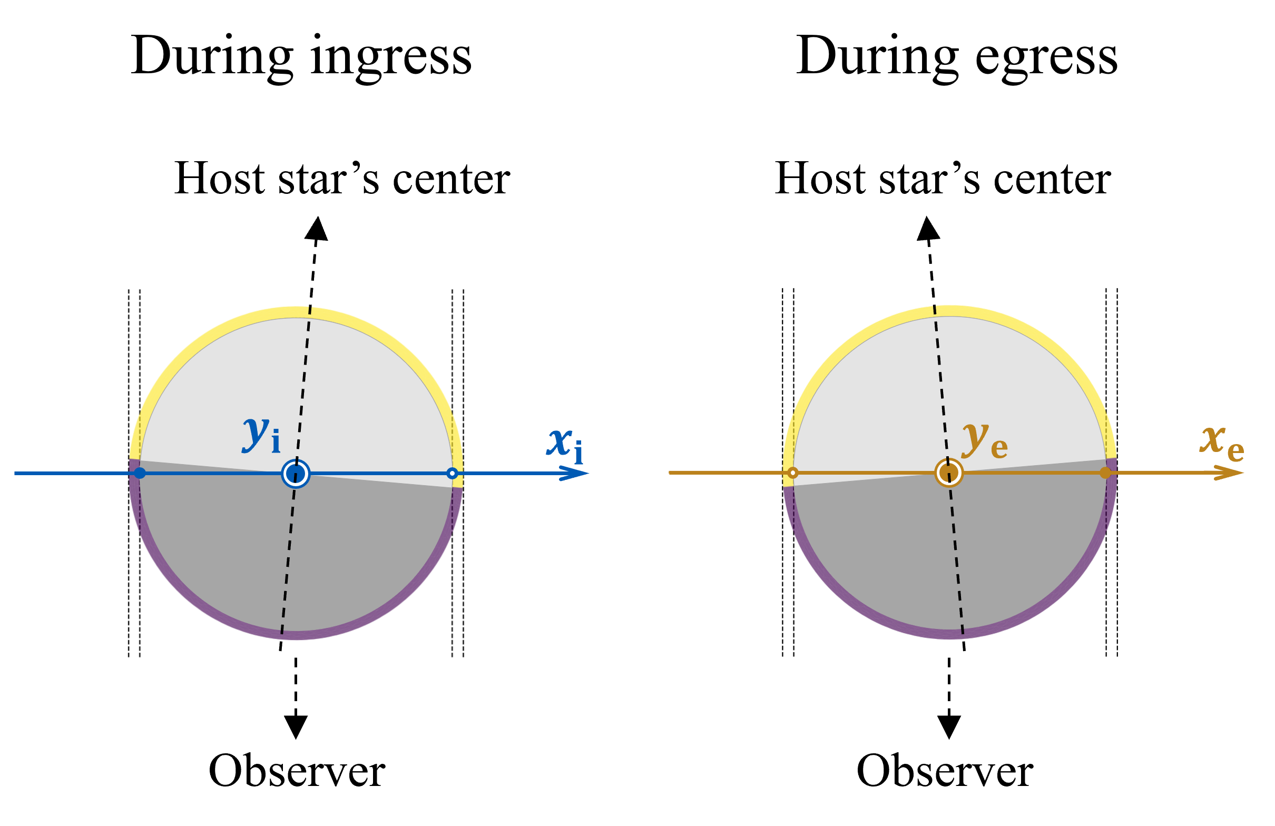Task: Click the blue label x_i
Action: (565, 445)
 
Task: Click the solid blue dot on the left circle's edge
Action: (140, 473)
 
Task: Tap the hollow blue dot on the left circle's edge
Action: (452, 474)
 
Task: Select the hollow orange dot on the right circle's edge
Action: (793, 473)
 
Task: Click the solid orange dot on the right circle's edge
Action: (1105, 473)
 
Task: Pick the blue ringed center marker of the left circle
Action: (296, 474)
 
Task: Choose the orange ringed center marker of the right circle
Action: (949, 473)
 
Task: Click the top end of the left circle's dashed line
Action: (310, 308)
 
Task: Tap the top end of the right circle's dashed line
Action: (935, 307)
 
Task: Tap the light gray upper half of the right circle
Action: (949, 386)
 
